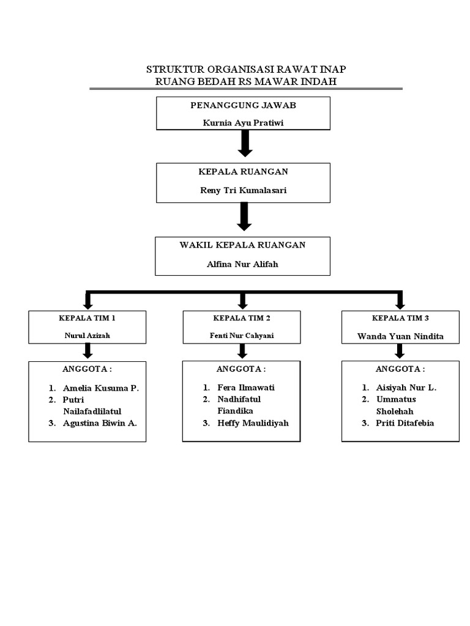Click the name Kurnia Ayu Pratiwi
pyautogui.click(x=244, y=123)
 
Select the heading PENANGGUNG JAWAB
pyautogui.click(x=244, y=105)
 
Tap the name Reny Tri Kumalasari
pyautogui.click(x=244, y=190)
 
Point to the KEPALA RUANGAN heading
pyautogui.click(x=244, y=172)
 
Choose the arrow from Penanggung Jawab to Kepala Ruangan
pyautogui.click(x=244, y=144)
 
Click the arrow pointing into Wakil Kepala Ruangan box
pyautogui.click(x=244, y=216)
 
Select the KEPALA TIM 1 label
pyautogui.click(x=88, y=319)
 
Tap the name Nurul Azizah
pyautogui.click(x=88, y=336)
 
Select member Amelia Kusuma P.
pyautogui.click(x=100, y=388)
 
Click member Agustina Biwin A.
pyautogui.click(x=99, y=423)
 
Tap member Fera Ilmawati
pyautogui.click(x=246, y=388)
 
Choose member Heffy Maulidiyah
pyautogui.click(x=253, y=423)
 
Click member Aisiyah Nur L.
pyautogui.click(x=406, y=388)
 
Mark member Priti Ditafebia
pyautogui.click(x=405, y=423)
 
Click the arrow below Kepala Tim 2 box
pyautogui.click(x=243, y=351)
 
